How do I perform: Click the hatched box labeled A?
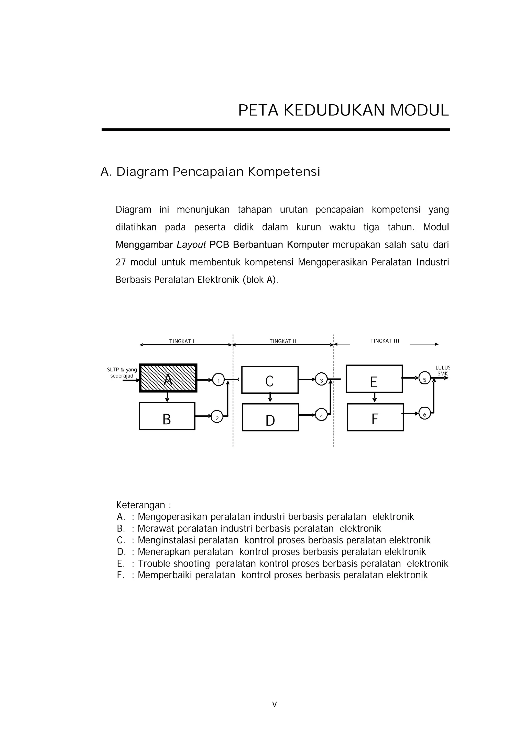click(168, 378)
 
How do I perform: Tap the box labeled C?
click(270, 380)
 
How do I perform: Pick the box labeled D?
click(270, 417)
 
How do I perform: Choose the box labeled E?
click(374, 379)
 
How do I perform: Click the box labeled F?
click(375, 417)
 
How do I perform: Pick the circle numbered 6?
click(424, 413)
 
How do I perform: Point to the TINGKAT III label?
click(385, 341)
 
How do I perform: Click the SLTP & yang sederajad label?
click(122, 373)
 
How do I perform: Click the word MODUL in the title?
click(419, 111)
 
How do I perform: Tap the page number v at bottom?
click(275, 704)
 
